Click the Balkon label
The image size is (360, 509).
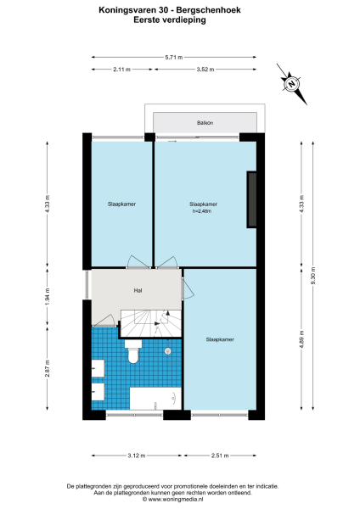[x=204, y=124]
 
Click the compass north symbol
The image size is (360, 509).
[x=291, y=83]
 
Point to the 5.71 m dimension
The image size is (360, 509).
[x=174, y=57]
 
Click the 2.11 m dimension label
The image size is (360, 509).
[x=121, y=70]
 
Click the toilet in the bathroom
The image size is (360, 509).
[x=132, y=354]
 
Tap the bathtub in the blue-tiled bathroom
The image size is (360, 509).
[x=155, y=398]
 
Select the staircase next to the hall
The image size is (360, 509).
[x=148, y=321]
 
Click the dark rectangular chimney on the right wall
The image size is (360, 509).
[x=251, y=199]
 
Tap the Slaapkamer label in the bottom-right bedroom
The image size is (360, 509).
[x=219, y=339]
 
